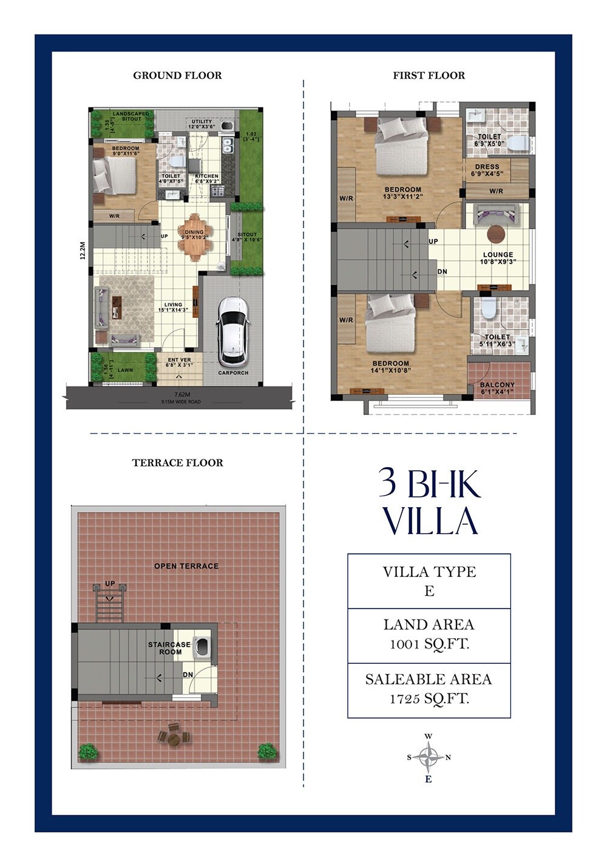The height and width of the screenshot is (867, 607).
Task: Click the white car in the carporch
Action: pyautogui.click(x=232, y=331)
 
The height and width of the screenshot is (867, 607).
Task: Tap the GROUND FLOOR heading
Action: pyautogui.click(x=177, y=75)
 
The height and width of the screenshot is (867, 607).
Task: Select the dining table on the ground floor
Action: pyautogui.click(x=194, y=237)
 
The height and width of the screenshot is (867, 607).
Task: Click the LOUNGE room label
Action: pyautogui.click(x=498, y=255)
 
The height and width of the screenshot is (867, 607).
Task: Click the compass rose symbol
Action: pyautogui.click(x=429, y=757)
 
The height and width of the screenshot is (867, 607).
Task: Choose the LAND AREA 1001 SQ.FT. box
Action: pyautogui.click(x=429, y=635)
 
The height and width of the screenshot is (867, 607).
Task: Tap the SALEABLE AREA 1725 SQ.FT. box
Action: pyautogui.click(x=429, y=689)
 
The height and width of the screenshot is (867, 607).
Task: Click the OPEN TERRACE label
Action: pyautogui.click(x=186, y=565)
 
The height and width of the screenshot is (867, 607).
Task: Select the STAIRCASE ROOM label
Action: pyautogui.click(x=169, y=648)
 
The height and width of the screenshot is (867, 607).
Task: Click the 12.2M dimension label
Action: pyautogui.click(x=83, y=251)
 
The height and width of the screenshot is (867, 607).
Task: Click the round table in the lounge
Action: pyautogui.click(x=496, y=233)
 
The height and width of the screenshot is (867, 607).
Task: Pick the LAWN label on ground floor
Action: pyautogui.click(x=125, y=369)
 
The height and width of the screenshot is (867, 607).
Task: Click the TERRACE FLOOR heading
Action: pyautogui.click(x=177, y=462)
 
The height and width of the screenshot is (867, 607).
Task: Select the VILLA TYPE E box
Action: pyautogui.click(x=429, y=581)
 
